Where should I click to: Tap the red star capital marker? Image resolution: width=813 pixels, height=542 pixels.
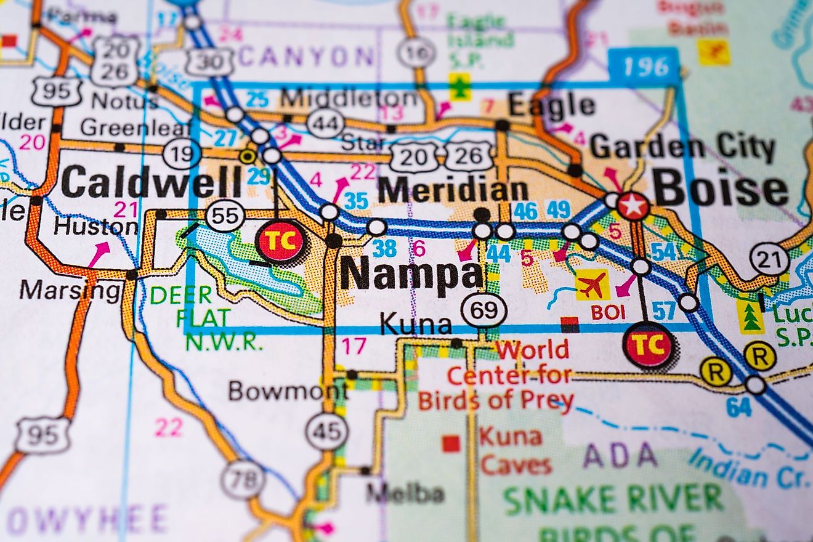(x=633, y=206)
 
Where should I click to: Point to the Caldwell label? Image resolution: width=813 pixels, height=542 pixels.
(x=152, y=182)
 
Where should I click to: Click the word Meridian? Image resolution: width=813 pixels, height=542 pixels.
(x=453, y=191)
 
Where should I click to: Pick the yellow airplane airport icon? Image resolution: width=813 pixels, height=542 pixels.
(x=592, y=285)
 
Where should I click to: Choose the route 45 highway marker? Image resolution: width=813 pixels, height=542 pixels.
(x=326, y=431)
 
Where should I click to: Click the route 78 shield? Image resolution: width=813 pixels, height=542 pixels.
(x=243, y=479)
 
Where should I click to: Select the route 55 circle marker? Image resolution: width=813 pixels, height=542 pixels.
(x=225, y=216)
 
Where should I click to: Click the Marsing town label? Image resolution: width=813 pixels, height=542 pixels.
(x=70, y=289)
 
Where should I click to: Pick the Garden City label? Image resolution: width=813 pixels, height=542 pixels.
(x=682, y=148)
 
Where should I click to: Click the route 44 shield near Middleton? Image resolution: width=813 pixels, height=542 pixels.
(x=325, y=123)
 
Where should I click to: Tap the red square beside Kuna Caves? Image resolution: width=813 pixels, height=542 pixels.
(x=451, y=443)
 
